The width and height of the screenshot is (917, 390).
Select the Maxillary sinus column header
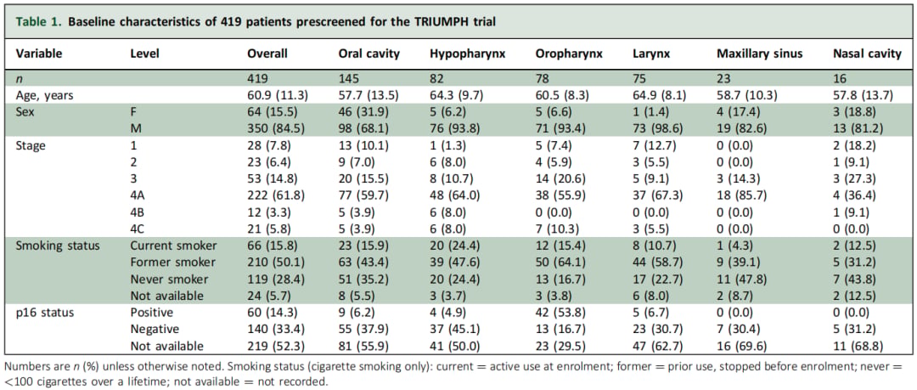tap(760, 54)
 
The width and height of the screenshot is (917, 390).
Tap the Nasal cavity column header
tap(868, 54)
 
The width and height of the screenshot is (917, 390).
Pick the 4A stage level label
tap(138, 199)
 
